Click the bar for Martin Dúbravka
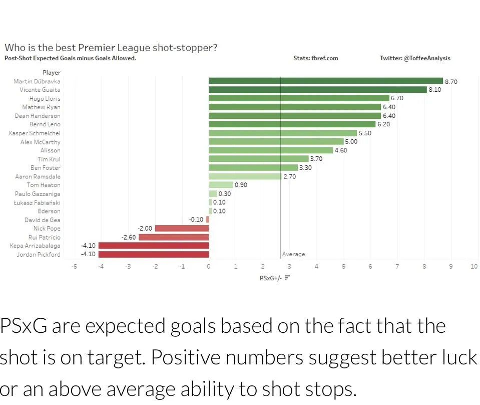(x=325, y=81)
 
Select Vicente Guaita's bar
(x=317, y=90)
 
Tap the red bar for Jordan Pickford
(x=154, y=254)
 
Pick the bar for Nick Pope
(x=182, y=228)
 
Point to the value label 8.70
(x=451, y=81)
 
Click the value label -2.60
(x=129, y=237)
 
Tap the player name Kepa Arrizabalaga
(x=35, y=246)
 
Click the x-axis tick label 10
(x=474, y=266)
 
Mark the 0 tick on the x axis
(x=209, y=266)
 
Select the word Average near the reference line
(x=294, y=254)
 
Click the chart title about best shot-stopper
(x=111, y=48)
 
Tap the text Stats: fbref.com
(x=315, y=58)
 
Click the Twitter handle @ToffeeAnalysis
(x=415, y=58)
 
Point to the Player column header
(x=51, y=73)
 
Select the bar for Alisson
(x=270, y=150)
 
